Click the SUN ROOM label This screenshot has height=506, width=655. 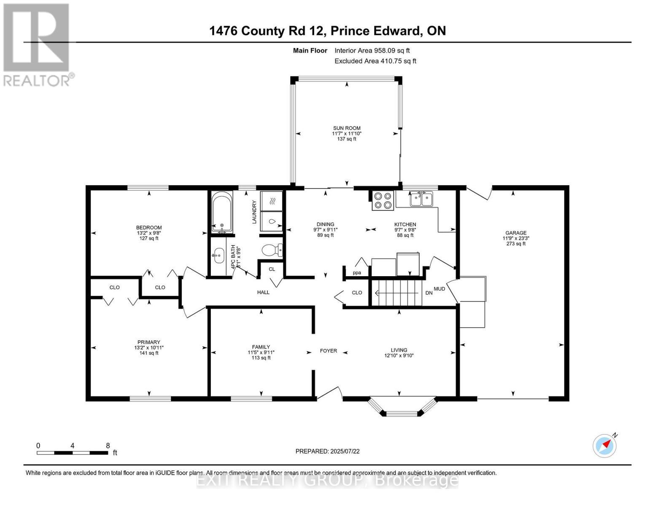[x=347, y=128]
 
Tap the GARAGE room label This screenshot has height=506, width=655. [x=516, y=233]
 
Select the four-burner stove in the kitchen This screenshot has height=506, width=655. [x=383, y=200]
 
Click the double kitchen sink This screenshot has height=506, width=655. [x=421, y=199]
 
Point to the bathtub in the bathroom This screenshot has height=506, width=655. [x=222, y=212]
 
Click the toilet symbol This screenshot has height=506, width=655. [x=272, y=250]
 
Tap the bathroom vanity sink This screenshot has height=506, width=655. [x=218, y=255]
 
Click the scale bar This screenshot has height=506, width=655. [x=72, y=452]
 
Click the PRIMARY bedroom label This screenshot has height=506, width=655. [x=148, y=342]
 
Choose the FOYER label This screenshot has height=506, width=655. [x=328, y=350]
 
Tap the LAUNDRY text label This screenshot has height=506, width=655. [x=254, y=212]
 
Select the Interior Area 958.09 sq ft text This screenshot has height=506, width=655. [x=372, y=51]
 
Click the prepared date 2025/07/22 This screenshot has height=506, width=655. [x=327, y=451]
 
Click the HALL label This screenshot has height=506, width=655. [x=263, y=292]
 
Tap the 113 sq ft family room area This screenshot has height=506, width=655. [x=261, y=358]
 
